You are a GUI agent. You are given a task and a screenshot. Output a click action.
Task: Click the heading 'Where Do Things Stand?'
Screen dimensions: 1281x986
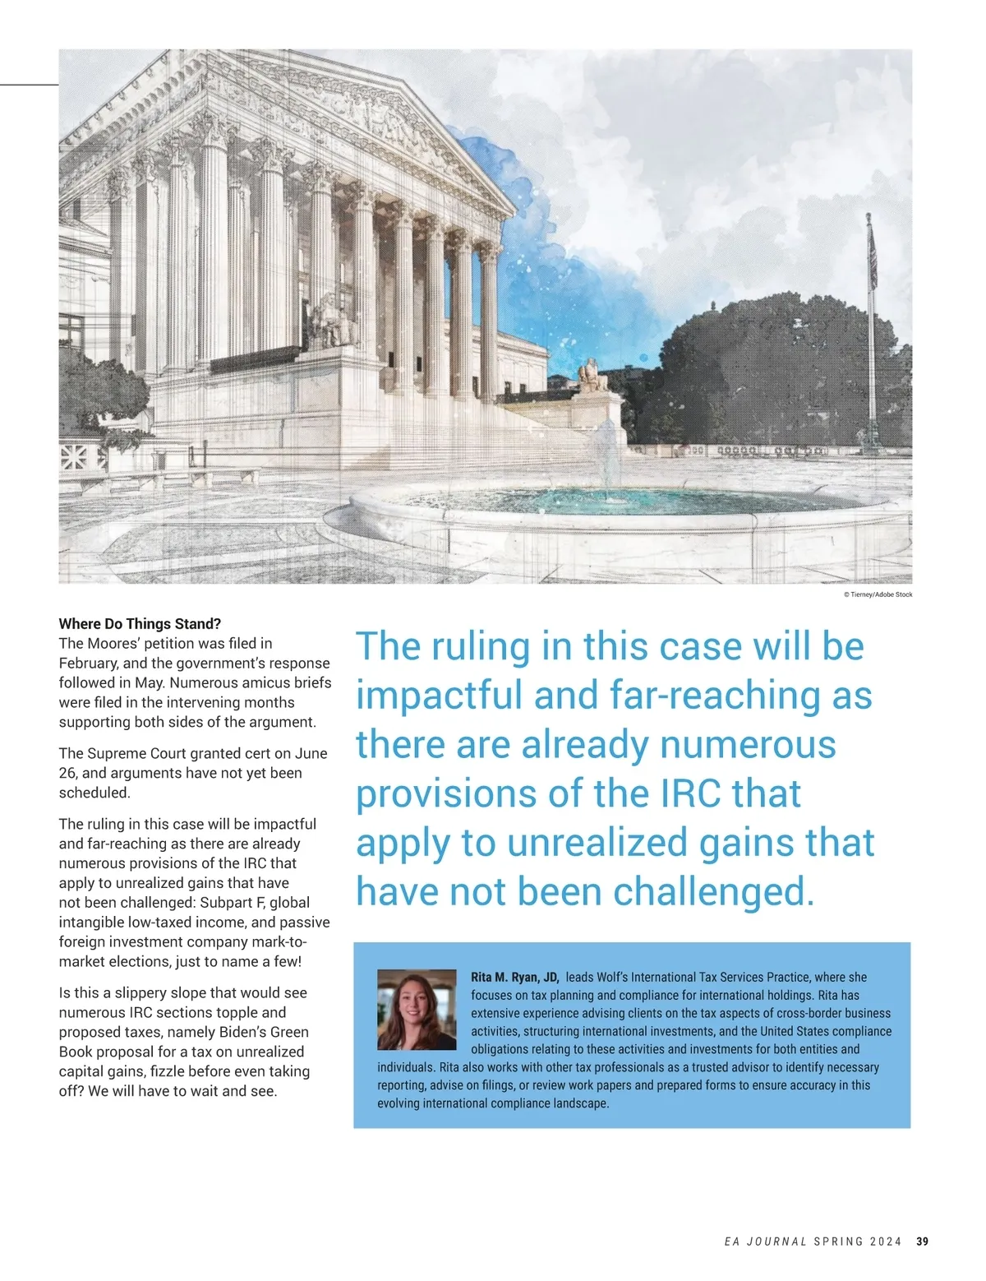tap(140, 624)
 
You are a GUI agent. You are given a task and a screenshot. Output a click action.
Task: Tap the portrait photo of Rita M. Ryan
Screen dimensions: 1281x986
tap(417, 1010)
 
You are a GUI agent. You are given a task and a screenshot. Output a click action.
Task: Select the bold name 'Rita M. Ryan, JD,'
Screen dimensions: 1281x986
tap(514, 978)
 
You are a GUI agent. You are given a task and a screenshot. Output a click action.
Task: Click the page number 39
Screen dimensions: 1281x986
tap(922, 1242)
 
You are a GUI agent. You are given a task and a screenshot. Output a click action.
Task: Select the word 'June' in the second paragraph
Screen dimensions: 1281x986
tap(309, 753)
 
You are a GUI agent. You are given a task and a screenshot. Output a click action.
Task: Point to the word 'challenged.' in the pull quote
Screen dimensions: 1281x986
tap(713, 892)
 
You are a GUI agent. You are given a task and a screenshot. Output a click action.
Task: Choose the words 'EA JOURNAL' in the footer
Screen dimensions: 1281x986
tap(766, 1242)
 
